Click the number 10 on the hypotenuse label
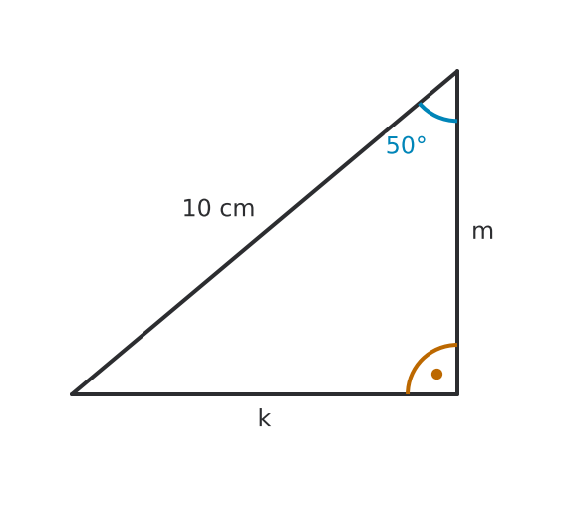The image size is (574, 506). point(196,208)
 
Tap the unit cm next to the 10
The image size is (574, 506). point(237,209)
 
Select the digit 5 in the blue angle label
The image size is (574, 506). point(394,145)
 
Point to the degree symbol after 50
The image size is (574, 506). point(421,140)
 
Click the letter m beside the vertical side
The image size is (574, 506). point(483,232)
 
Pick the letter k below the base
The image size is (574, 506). point(265,418)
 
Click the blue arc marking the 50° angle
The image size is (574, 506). point(435,116)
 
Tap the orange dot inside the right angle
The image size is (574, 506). point(436,374)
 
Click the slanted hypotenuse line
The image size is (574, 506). point(264,232)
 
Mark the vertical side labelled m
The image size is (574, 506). point(457,232)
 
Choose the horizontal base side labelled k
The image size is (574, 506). point(264,394)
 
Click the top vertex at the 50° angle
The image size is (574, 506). point(457,70)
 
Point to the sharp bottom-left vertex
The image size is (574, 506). point(72,394)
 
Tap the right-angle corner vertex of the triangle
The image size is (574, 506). point(457,394)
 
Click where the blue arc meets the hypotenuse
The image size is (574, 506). point(420,104)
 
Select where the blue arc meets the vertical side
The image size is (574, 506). point(457,121)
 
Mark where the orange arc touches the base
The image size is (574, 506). point(408,393)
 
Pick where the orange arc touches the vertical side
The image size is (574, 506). point(457,344)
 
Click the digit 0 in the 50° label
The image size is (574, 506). point(409,145)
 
